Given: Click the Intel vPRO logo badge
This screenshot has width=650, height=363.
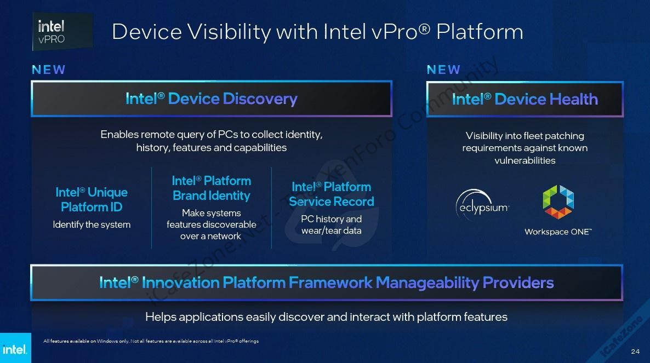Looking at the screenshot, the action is click(62, 32).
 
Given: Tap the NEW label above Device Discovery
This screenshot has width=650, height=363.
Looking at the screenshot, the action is click(48, 70).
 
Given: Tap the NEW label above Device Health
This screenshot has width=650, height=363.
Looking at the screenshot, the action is click(443, 70).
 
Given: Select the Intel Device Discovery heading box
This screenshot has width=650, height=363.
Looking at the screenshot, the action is click(212, 99).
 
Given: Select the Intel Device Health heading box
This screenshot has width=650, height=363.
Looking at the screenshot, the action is click(525, 99).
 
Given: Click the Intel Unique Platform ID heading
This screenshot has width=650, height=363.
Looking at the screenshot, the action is click(92, 199).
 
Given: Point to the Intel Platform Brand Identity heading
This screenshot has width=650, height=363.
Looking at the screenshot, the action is click(212, 188).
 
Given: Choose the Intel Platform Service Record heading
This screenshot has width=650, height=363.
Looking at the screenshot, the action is click(332, 194).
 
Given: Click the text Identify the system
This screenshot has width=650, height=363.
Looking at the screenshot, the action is click(92, 225).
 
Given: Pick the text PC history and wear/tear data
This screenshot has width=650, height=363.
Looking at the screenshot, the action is click(332, 225).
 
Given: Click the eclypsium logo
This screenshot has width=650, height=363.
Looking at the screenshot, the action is click(482, 204).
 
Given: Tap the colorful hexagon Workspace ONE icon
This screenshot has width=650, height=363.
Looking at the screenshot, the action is click(558, 201).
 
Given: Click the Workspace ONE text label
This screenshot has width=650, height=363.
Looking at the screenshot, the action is click(558, 232).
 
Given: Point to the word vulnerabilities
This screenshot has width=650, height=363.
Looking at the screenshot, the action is click(525, 160).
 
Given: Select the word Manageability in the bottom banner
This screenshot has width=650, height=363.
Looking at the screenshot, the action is click(427, 283).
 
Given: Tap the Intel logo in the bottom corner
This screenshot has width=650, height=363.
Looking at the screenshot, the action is click(15, 348).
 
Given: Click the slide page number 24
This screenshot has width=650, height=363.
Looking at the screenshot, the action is click(635, 352).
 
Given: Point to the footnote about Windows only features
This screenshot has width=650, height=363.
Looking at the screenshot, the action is click(151, 341).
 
